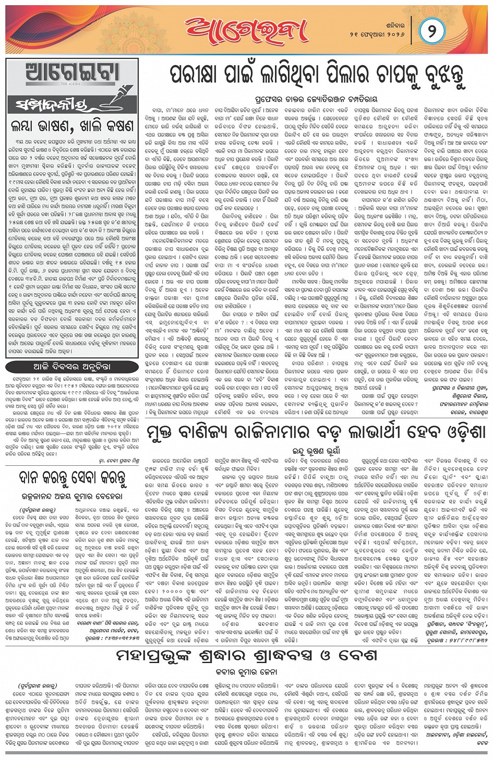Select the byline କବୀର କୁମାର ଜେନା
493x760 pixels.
pos(247,672)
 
